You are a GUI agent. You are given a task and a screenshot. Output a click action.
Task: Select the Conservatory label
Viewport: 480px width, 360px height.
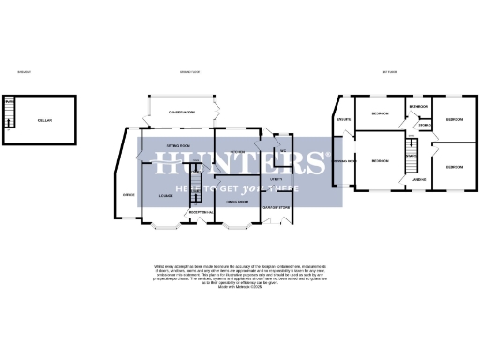pos(181,112)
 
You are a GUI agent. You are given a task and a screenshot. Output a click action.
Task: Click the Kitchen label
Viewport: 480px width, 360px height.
pos(238,152)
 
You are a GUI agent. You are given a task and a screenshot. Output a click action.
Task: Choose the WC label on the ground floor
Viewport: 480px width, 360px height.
pos(281,150)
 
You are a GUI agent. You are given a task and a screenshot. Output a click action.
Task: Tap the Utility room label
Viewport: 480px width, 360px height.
pos(277,177)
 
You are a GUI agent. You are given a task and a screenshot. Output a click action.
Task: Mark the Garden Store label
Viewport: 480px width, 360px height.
pos(277,206)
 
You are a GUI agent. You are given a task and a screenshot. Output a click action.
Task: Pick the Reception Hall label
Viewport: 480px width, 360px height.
pos(202,212)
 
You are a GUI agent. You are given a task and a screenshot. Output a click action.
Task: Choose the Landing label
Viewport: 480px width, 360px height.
pos(420,178)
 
